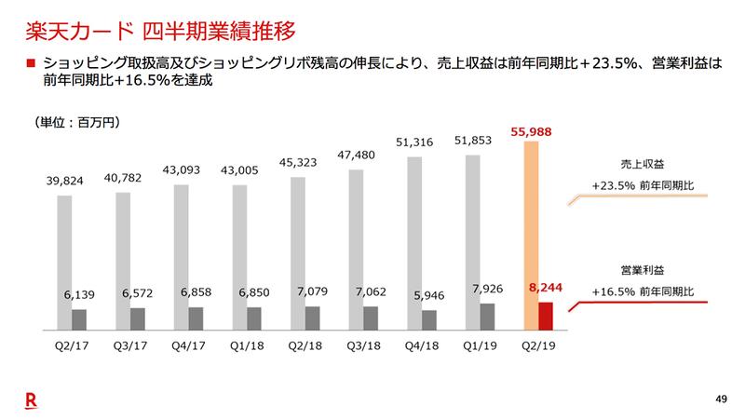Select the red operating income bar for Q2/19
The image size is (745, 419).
coord(547,317)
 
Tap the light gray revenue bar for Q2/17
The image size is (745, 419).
coord(64,261)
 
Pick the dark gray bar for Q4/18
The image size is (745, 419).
coord(429,320)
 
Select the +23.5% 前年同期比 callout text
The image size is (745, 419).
coord(643,184)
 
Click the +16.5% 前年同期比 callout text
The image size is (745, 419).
coord(643,291)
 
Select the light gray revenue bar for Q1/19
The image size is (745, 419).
coord(473,242)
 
